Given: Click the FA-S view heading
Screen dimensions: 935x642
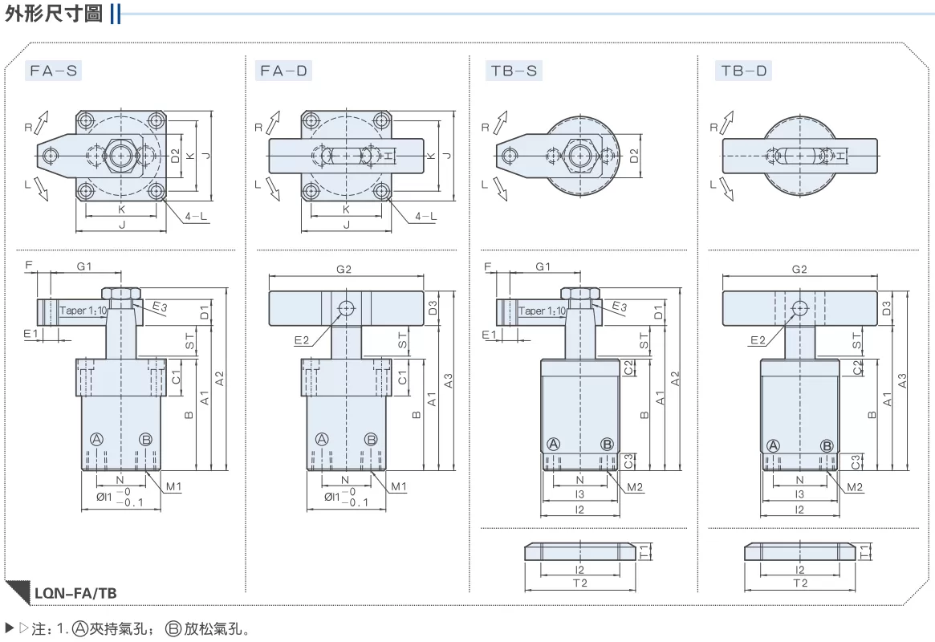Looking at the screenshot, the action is click(54, 71).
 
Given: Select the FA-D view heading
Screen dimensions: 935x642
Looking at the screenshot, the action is click(283, 71).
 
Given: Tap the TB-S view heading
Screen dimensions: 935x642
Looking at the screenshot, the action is click(514, 71).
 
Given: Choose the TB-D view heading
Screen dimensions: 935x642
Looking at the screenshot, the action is click(744, 71).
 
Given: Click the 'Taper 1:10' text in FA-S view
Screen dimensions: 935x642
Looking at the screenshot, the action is click(83, 311).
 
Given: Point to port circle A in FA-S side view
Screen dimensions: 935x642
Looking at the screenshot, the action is click(96, 440).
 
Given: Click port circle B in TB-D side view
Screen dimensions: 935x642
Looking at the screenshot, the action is click(827, 445).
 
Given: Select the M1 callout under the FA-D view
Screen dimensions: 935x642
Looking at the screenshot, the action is click(398, 487).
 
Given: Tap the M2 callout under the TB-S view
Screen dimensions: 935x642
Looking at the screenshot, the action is click(635, 488).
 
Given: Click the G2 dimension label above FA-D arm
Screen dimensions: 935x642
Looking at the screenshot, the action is click(344, 270).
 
